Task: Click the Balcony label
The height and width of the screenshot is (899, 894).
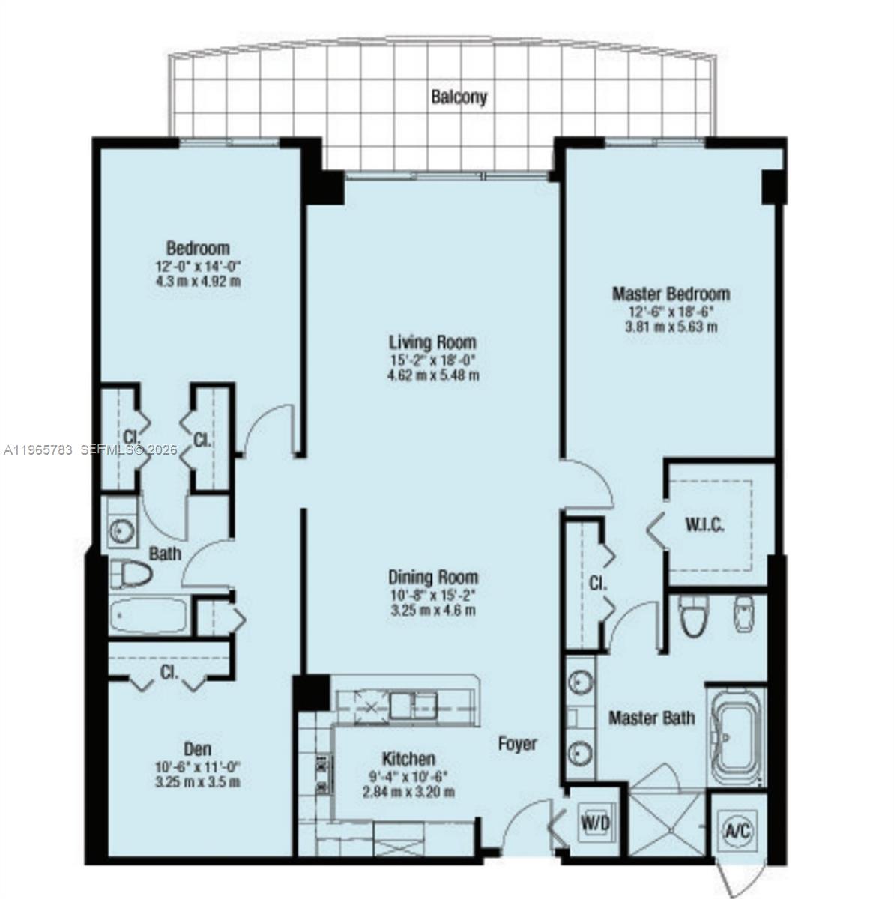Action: pyautogui.click(x=459, y=97)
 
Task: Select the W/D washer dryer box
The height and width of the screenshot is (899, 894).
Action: pyautogui.click(x=596, y=823)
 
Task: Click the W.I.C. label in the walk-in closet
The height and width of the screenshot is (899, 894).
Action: pyautogui.click(x=704, y=524)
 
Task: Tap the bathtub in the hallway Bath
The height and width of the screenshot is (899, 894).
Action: pyautogui.click(x=148, y=616)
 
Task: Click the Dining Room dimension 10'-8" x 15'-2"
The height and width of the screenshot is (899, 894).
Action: pyautogui.click(x=432, y=595)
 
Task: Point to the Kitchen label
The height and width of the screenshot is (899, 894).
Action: pyautogui.click(x=408, y=758)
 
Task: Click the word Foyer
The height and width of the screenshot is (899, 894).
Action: pyautogui.click(x=518, y=743)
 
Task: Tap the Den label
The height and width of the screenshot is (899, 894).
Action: pyautogui.click(x=197, y=748)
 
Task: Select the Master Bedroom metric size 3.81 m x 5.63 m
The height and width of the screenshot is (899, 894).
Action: pyautogui.click(x=671, y=327)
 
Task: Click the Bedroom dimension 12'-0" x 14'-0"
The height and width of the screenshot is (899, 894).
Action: pyautogui.click(x=198, y=265)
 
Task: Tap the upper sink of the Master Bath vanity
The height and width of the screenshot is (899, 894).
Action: pyautogui.click(x=579, y=682)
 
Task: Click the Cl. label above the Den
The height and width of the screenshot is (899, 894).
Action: pyautogui.click(x=169, y=672)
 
